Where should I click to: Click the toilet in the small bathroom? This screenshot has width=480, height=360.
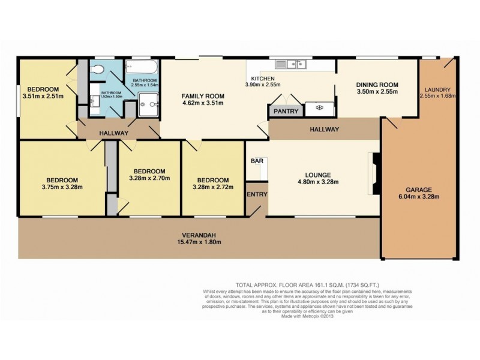[98, 70]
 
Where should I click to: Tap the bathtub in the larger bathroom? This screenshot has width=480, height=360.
[143, 67]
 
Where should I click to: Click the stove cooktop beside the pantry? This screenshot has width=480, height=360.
[317, 109]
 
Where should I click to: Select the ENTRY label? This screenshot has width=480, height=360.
[256, 194]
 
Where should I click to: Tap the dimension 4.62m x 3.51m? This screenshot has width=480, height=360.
[203, 103]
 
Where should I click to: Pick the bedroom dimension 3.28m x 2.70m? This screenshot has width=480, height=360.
[149, 178]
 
